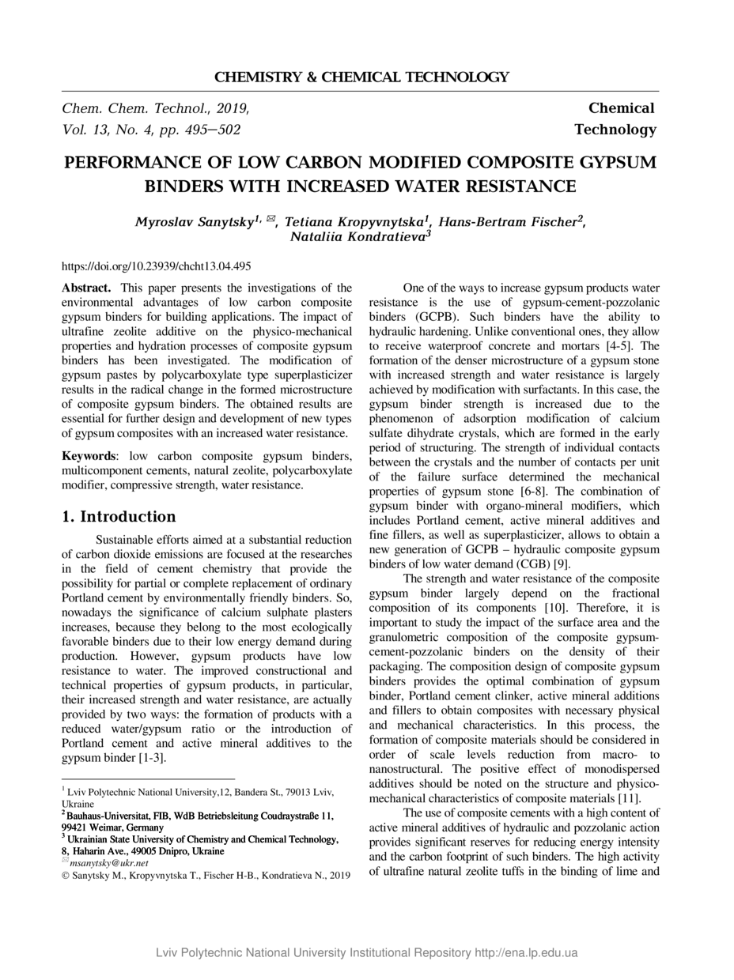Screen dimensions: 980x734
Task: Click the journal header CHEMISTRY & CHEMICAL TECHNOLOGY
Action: [x=361, y=77]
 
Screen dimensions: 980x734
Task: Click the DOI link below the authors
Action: [x=157, y=266]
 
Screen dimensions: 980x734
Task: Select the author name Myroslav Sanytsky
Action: [x=194, y=222]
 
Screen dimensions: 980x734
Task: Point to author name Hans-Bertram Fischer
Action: [x=507, y=222]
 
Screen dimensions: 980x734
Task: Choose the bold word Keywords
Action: [x=89, y=456]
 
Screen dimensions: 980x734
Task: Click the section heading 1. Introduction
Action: [x=119, y=517]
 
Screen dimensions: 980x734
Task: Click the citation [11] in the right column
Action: [x=627, y=798]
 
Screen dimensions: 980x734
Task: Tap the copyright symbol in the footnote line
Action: [x=66, y=876]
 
